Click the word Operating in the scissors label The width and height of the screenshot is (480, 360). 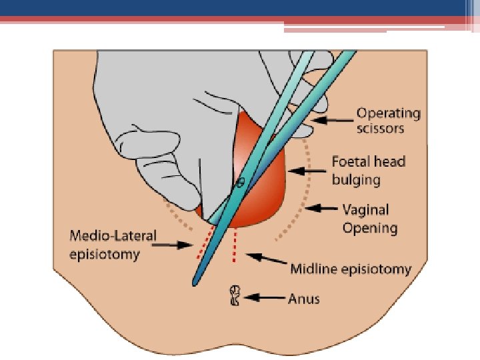click(x=389, y=113)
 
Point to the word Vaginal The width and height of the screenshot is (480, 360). click(x=365, y=210)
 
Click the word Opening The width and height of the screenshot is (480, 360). click(x=370, y=228)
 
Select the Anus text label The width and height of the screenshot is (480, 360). click(x=303, y=298)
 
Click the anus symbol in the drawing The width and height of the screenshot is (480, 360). click(x=235, y=295)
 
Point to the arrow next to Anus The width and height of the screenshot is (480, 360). click(x=263, y=298)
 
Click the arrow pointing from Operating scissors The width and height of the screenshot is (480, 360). click(x=331, y=121)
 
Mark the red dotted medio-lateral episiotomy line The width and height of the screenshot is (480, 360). click(x=202, y=243)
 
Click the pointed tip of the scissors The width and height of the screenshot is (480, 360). click(x=195, y=283)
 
